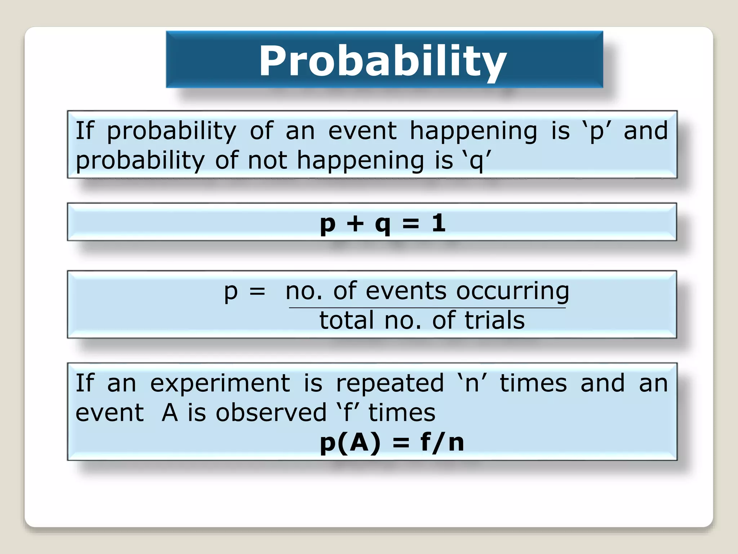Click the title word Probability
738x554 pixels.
(x=383, y=61)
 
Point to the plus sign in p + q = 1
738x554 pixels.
(x=355, y=223)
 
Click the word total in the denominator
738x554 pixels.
(x=347, y=320)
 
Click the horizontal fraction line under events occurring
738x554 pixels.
(x=427, y=308)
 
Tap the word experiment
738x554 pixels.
(x=220, y=384)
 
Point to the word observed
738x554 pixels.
(x=271, y=413)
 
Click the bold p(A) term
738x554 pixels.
(x=350, y=443)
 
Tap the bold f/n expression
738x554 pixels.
(x=442, y=443)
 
